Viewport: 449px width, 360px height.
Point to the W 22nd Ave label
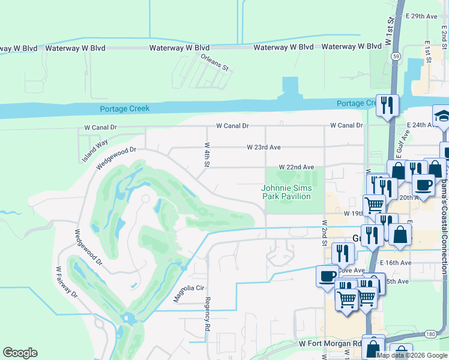(296, 167)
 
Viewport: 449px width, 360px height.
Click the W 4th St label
(206, 154)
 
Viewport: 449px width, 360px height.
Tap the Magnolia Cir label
(189, 292)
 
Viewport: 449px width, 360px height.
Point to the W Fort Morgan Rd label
(330, 344)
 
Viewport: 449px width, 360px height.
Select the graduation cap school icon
(442, 116)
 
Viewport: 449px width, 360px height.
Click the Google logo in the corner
(20, 353)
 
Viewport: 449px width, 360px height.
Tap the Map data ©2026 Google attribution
(412, 355)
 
